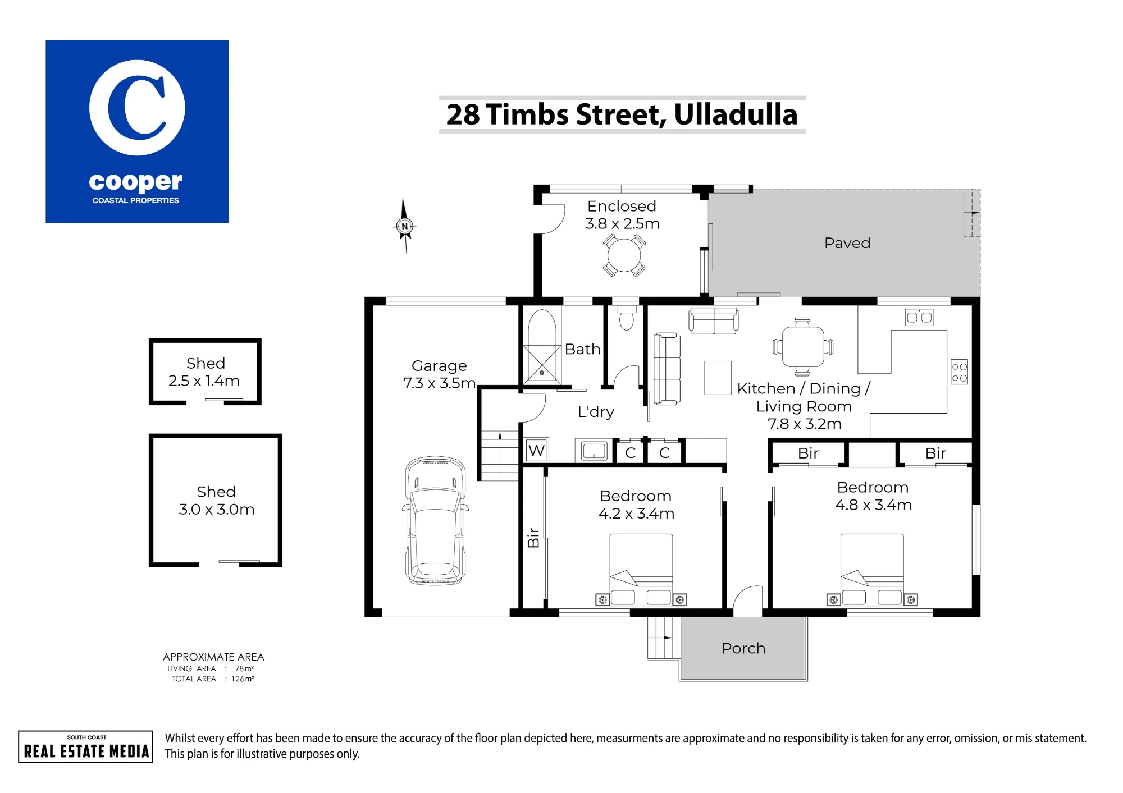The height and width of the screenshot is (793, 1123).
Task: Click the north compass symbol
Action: [404, 226]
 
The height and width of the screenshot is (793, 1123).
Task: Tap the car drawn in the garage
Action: [436, 521]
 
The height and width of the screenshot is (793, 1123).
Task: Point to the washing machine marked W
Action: [537, 450]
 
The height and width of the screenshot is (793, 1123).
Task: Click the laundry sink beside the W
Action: [594, 451]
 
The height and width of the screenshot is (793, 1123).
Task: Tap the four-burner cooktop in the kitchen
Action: [959, 372]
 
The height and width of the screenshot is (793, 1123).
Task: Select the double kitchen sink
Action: [919, 317]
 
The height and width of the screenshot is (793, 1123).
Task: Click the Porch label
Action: [743, 648]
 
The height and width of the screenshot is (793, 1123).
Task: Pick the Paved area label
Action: [847, 243]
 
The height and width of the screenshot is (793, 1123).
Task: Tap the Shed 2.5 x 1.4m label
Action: [204, 372]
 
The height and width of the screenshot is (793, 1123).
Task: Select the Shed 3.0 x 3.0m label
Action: [216, 501]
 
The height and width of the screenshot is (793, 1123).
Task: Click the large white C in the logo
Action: [136, 107]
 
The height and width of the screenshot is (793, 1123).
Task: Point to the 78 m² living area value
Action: [244, 668]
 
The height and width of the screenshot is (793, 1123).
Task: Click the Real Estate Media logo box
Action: [86, 746]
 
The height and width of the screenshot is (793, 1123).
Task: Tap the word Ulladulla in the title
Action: [736, 114]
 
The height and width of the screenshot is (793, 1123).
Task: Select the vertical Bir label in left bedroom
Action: [533, 538]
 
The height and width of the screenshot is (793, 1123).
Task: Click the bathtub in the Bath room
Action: [541, 346]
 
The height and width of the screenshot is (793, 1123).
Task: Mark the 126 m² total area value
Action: [243, 679]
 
